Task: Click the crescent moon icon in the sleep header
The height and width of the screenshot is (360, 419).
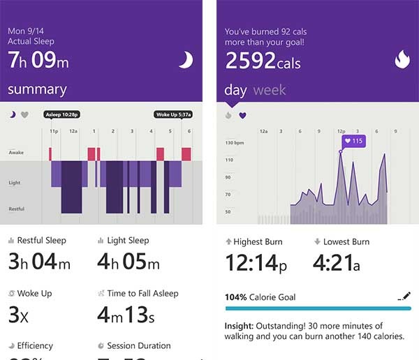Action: [185, 61]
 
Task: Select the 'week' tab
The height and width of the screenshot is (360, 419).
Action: [269, 90]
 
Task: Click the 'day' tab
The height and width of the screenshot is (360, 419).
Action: [235, 90]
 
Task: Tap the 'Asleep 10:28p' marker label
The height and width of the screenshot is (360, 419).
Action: [61, 114]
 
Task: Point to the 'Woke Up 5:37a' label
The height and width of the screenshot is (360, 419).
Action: [172, 114]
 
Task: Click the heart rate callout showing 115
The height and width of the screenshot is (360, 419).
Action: [353, 141]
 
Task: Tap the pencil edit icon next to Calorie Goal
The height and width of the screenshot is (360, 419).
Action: [404, 297]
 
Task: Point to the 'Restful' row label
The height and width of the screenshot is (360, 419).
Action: [16, 209]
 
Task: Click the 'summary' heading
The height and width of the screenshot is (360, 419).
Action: [37, 89]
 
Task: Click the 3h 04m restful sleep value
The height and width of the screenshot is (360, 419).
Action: [39, 262]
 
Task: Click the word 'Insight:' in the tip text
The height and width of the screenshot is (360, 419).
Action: [240, 326]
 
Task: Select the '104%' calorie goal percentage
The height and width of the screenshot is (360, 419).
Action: [236, 297]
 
